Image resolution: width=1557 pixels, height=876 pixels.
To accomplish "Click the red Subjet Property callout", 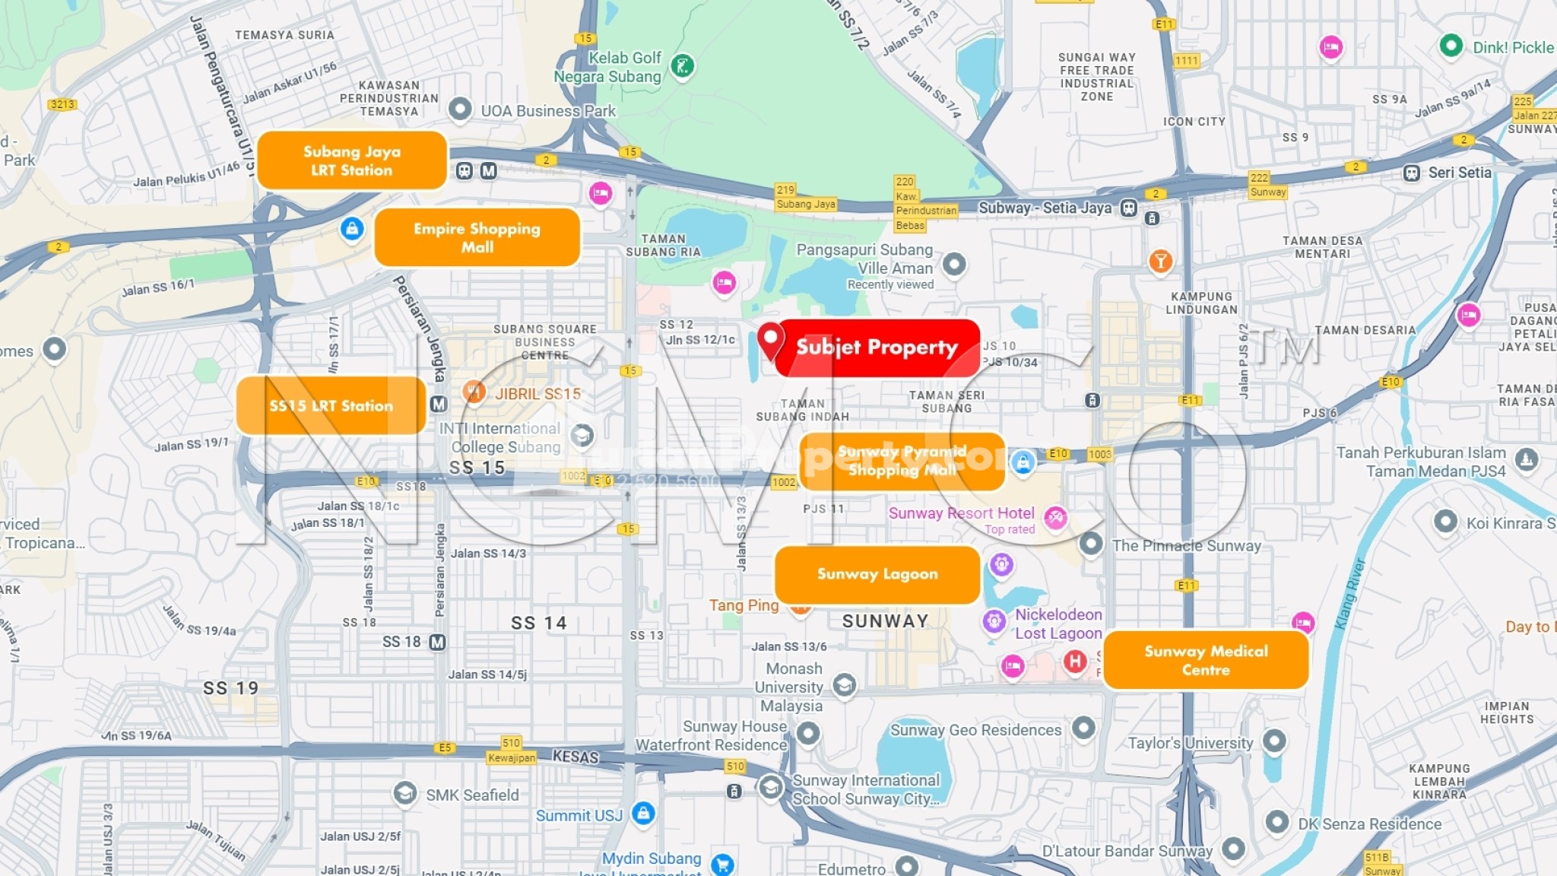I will click(x=877, y=348).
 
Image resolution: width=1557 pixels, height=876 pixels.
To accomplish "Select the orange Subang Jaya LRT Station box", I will click(x=351, y=160).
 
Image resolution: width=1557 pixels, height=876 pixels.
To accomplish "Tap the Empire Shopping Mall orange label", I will click(x=477, y=237).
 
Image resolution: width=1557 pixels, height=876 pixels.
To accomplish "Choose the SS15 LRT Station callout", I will click(x=331, y=406).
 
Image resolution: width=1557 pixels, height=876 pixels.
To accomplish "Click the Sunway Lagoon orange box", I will click(x=877, y=574).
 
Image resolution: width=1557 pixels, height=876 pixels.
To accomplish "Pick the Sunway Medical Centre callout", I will click(x=1206, y=660).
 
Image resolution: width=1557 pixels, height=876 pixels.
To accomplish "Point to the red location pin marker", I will click(x=770, y=339).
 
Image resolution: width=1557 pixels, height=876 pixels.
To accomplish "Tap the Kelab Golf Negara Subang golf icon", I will click(x=682, y=66).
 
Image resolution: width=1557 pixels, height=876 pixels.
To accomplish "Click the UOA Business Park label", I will click(x=547, y=111).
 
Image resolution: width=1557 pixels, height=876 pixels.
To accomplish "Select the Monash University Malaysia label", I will click(x=792, y=687).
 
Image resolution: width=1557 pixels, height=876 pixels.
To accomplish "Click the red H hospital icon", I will click(x=1074, y=661).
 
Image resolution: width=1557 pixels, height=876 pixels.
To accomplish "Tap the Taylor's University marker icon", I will click(x=1274, y=740).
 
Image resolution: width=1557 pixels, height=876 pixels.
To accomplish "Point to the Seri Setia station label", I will click(x=1459, y=173).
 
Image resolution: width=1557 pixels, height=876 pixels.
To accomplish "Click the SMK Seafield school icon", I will click(x=404, y=794).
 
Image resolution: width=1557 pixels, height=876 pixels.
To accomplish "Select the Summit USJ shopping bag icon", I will click(x=643, y=814).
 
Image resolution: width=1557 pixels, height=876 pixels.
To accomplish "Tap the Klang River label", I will click(x=1350, y=594).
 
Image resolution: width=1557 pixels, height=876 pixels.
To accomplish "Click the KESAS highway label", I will click(x=575, y=757).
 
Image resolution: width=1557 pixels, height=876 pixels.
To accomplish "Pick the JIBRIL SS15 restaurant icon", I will click(x=474, y=392).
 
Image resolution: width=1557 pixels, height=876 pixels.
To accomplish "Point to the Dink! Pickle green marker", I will click(x=1451, y=46).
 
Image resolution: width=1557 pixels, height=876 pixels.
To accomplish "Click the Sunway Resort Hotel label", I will click(x=961, y=513).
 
